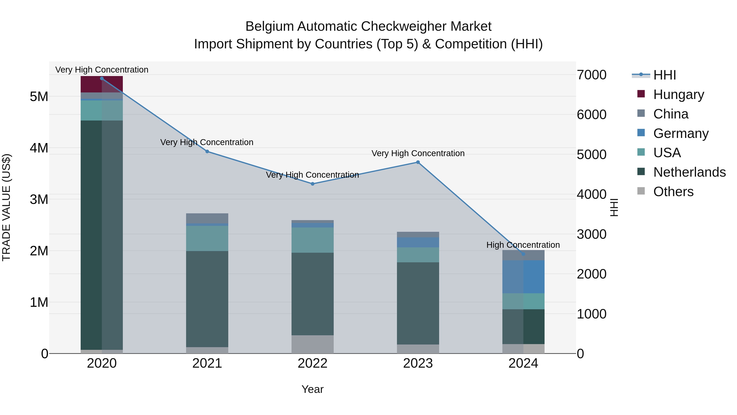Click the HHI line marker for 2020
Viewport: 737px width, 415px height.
pos(102,78)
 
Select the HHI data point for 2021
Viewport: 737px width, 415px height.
pos(207,151)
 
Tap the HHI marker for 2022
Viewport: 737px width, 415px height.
pos(312,184)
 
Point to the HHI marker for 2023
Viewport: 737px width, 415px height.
pos(418,162)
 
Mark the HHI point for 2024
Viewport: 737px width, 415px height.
pos(523,254)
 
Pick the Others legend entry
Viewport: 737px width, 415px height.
pos(673,192)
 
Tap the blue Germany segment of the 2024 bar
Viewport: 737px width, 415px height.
pos(523,277)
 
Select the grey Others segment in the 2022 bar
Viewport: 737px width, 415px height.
pos(312,344)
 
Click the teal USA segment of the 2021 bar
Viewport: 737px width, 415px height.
pos(207,238)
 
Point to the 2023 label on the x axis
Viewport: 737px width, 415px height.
pos(418,363)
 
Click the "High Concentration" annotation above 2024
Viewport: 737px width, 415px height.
pos(523,245)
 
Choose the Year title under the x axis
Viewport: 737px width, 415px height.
pos(312,389)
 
